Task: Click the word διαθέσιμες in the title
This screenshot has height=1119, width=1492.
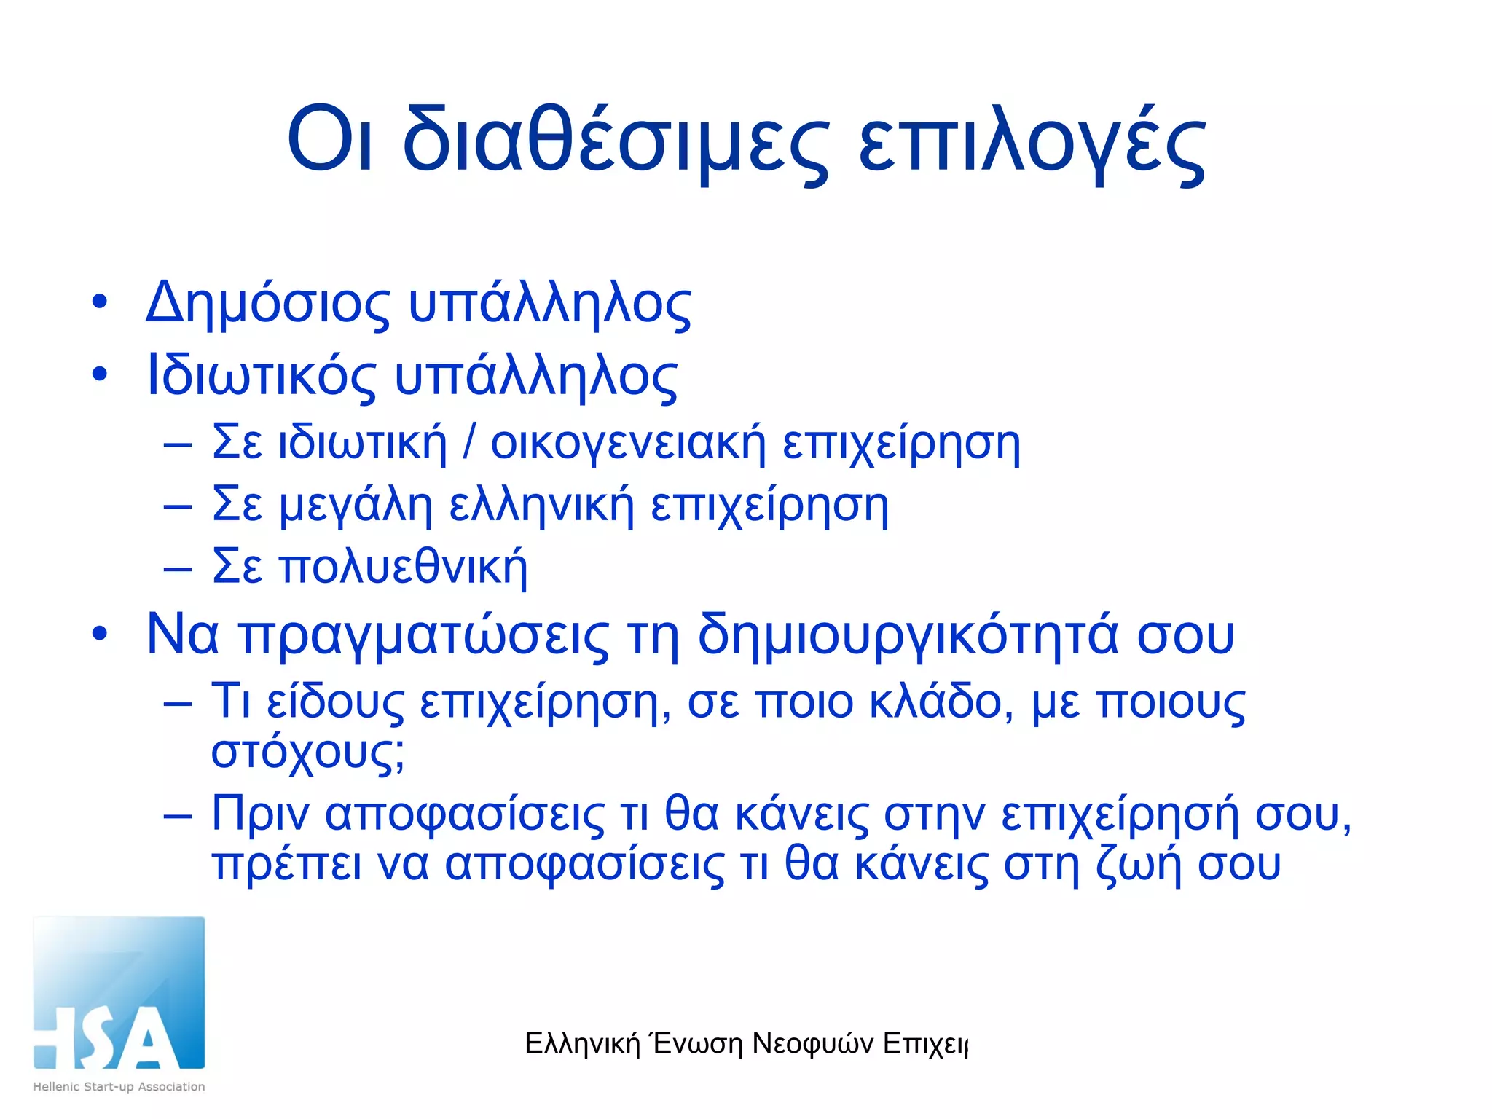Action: click(616, 140)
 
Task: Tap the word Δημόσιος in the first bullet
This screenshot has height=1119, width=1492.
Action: click(267, 304)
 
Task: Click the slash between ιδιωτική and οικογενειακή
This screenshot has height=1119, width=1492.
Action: click(469, 442)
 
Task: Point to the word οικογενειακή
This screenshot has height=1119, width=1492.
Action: click(628, 443)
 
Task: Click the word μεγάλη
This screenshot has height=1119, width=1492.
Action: click(356, 505)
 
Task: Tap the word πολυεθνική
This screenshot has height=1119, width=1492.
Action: click(403, 567)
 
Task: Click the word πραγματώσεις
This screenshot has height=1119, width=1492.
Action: click(424, 635)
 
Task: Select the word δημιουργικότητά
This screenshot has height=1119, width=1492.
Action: click(907, 635)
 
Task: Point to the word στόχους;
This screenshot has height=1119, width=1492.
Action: click(307, 752)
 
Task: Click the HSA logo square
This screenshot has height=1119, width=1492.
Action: click(119, 993)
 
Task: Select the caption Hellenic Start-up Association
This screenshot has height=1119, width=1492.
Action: click(119, 1086)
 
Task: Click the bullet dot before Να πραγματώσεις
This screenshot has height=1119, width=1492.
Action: click(100, 633)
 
